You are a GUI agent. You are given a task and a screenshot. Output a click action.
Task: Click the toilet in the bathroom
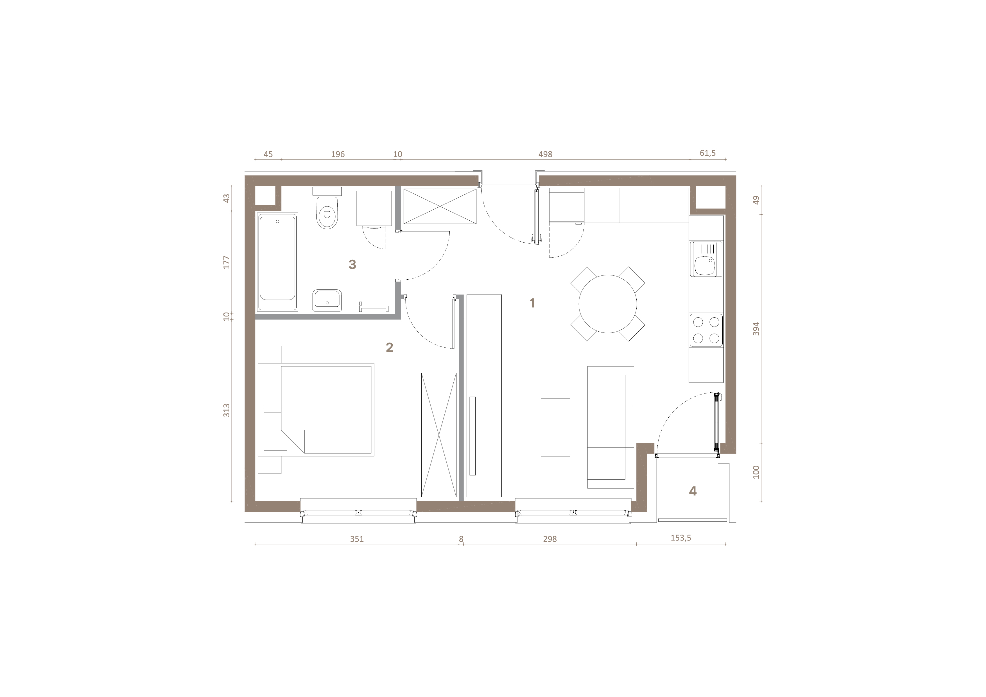tap(327, 208)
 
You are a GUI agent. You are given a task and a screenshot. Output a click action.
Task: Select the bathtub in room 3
tap(277, 262)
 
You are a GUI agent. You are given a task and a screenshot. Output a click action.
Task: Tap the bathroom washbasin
tap(327, 300)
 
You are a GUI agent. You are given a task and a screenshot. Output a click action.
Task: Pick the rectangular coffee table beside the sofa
tap(555, 427)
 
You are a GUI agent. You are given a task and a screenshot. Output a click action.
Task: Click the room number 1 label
tap(532, 303)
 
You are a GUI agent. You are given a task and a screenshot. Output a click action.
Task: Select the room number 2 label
tap(390, 347)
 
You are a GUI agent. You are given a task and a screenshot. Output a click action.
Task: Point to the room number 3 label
tap(352, 264)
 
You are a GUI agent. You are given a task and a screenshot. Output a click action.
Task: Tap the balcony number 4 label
tap(693, 491)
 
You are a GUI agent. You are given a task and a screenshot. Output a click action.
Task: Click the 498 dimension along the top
tap(545, 154)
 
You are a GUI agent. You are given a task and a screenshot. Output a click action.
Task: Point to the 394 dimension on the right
tap(756, 329)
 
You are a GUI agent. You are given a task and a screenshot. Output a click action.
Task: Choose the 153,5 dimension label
tap(681, 538)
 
